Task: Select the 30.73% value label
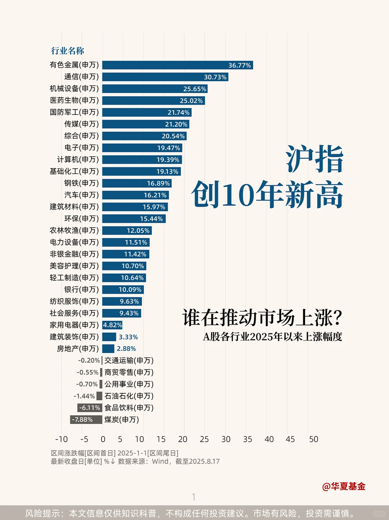[x=215, y=77]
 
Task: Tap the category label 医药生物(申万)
[x=74, y=100]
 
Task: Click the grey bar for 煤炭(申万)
[x=86, y=419]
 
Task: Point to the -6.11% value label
[x=90, y=408]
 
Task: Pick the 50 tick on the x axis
[x=313, y=439]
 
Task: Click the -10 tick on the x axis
[x=61, y=439]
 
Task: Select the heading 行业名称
[x=67, y=51]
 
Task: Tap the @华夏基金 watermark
[x=344, y=486]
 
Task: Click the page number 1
[x=194, y=497]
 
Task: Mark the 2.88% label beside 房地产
[x=126, y=348]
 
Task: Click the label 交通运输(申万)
[x=129, y=360]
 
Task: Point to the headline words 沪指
[x=314, y=159]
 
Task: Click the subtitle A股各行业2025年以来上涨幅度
[x=272, y=337]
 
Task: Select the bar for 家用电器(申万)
[x=112, y=325]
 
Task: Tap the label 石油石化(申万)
[x=129, y=396]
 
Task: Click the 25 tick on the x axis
[x=204, y=439]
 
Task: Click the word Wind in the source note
[x=160, y=461]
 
